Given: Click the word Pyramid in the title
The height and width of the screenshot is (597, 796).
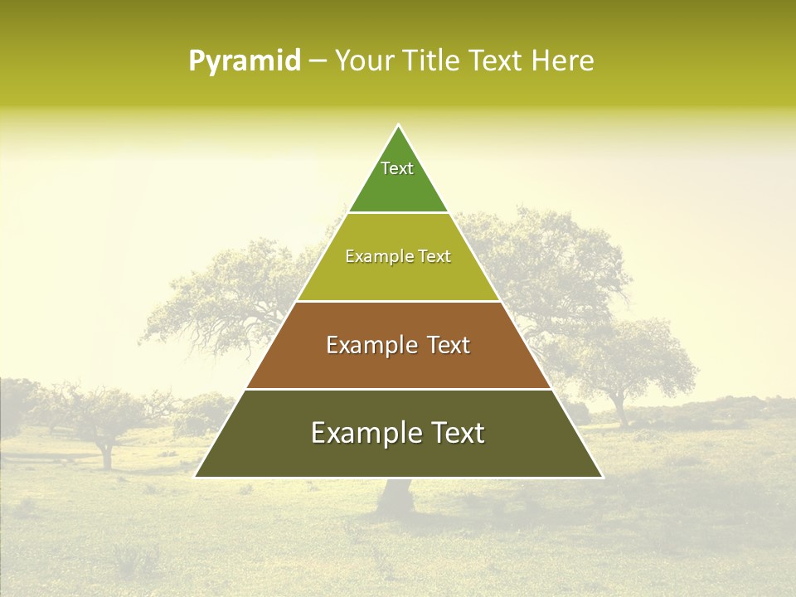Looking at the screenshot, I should pyautogui.click(x=244, y=61).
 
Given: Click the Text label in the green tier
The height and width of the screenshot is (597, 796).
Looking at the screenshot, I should pyautogui.click(x=397, y=168).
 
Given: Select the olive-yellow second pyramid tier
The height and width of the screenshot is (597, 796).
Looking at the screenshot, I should pyautogui.click(x=398, y=278).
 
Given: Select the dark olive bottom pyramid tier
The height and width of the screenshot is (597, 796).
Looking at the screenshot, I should pyautogui.click(x=398, y=456).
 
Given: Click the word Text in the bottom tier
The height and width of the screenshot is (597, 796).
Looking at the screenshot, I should pyautogui.click(x=457, y=433).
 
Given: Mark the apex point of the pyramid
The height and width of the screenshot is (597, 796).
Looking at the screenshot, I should pyautogui.click(x=399, y=125).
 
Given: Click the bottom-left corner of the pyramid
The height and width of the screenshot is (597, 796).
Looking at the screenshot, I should pyautogui.click(x=196, y=477).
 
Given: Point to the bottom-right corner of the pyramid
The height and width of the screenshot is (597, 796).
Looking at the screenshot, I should pyautogui.click(x=602, y=477).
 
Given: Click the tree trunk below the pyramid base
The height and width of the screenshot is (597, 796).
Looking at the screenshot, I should pyautogui.click(x=396, y=498).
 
